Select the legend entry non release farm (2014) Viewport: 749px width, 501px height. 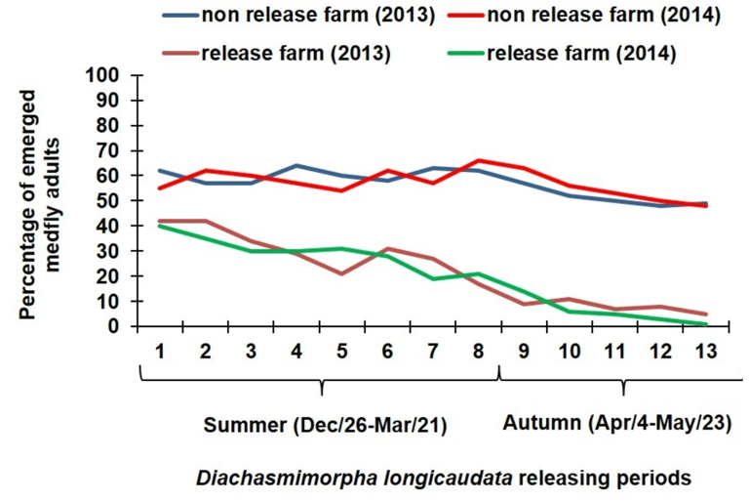click(606, 17)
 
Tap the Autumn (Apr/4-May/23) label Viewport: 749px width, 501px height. click(616, 424)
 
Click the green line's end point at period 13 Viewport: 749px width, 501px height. click(706, 324)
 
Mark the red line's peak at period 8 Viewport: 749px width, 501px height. click(478, 160)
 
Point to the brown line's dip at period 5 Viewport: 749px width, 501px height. click(340, 273)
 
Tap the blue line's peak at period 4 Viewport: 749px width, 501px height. click(295, 165)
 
